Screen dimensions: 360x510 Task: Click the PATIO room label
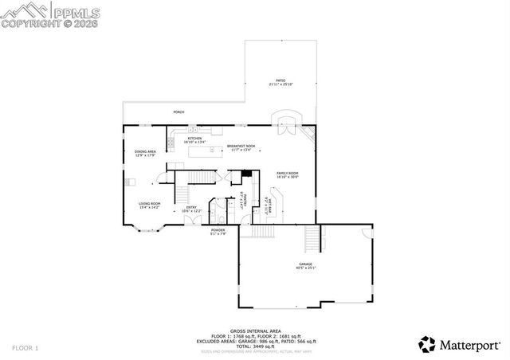pyautogui.click(x=280, y=81)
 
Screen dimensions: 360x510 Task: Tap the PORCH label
pyautogui.click(x=178, y=112)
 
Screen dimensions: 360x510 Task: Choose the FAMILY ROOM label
pyautogui.click(x=287, y=174)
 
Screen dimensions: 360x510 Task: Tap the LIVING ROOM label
pyautogui.click(x=150, y=205)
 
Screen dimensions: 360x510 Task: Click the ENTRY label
pyautogui.click(x=192, y=209)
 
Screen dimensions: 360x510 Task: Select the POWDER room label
pyautogui.click(x=218, y=232)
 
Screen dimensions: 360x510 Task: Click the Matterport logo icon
pyautogui.click(x=426, y=345)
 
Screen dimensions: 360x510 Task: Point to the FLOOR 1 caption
pyautogui.click(x=25, y=348)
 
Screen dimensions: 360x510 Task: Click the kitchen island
pyautogui.click(x=206, y=149)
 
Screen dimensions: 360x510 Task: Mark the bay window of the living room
pyautogui.click(x=148, y=230)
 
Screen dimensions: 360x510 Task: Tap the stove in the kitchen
pyautogui.click(x=171, y=143)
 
